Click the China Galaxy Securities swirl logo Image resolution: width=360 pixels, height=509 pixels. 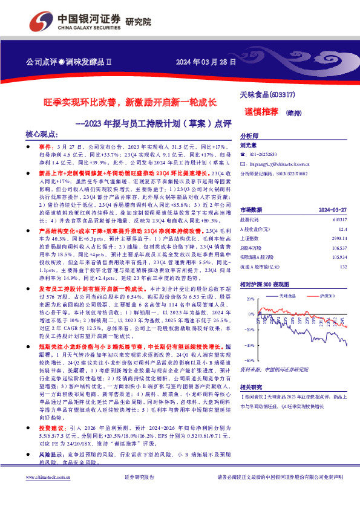[x=44, y=22]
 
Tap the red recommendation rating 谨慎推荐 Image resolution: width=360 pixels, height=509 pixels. [x=261, y=111]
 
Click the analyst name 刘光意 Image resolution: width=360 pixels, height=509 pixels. [x=249, y=145]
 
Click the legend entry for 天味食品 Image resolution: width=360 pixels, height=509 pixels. [x=287, y=296]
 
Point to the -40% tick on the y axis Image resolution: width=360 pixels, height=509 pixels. [x=249, y=345]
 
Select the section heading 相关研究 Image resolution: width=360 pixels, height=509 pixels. [x=252, y=386]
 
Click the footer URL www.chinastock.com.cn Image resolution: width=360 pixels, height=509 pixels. [x=46, y=494]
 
